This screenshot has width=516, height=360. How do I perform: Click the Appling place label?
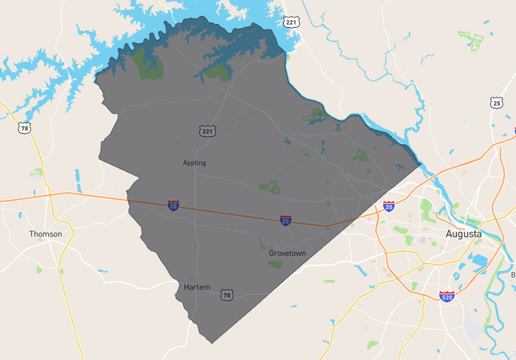tap(194, 162)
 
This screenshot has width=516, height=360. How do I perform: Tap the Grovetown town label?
tap(287, 253)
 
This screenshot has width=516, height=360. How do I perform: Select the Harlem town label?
tap(197, 286)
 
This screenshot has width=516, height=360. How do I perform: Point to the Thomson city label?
tap(45, 234)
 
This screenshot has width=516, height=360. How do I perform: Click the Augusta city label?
tap(464, 234)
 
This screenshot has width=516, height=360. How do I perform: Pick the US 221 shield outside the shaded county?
tap(291, 22)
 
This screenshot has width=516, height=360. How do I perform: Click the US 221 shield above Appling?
tap(207, 130)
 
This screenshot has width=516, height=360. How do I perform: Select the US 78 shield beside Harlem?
tap(227, 295)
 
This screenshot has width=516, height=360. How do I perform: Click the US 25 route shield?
tap(497, 103)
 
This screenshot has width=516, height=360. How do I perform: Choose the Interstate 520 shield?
tap(446, 297)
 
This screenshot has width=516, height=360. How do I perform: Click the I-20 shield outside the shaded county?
tap(389, 206)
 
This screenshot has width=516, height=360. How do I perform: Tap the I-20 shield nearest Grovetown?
tap(286, 219)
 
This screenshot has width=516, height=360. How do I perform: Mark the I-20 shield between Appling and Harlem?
tap(174, 206)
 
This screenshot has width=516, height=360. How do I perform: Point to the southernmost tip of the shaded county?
tap(212, 343)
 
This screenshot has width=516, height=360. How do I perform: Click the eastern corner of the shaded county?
tap(420, 164)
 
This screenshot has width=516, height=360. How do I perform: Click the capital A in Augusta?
tap(450, 234)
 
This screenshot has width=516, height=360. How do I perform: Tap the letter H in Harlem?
tap(186, 286)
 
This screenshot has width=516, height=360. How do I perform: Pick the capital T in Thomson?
tap(32, 234)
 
